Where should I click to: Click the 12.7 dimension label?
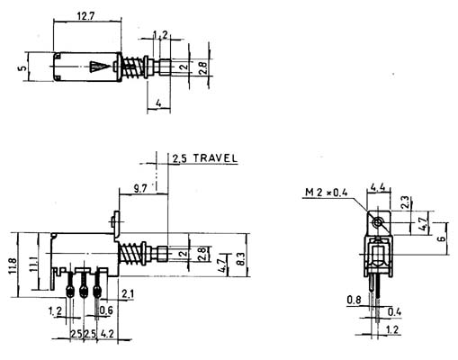[85, 15]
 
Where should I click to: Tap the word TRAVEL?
[215, 158]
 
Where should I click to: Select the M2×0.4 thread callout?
[327, 193]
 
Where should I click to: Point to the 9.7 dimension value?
[140, 189]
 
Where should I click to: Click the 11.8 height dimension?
[13, 265]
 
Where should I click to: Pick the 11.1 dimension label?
[33, 264]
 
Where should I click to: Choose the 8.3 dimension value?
[241, 258]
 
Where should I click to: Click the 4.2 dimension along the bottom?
[107, 334]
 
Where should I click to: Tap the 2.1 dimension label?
[128, 294]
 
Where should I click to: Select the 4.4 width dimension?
[378, 188]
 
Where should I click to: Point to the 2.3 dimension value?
[405, 202]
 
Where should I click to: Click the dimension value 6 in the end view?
[442, 238]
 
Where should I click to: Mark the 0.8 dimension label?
[354, 300]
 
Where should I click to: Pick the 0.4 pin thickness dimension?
[394, 312]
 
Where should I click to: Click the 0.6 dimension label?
[106, 310]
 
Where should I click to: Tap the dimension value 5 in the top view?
[22, 68]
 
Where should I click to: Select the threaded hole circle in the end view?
[377, 222]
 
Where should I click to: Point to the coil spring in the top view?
[132, 67]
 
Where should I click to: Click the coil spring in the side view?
[130, 254]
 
